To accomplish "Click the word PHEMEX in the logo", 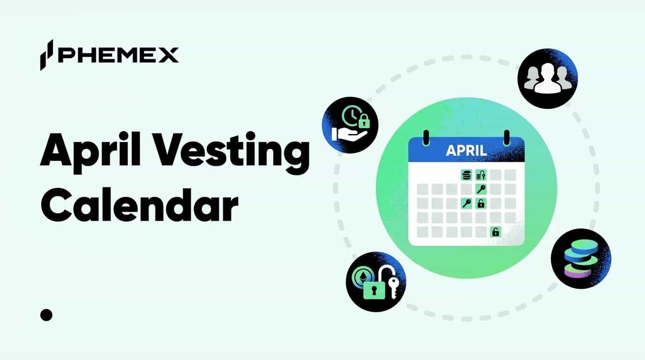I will point(118,55).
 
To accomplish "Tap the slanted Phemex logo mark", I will point(46,55).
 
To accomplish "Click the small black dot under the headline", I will point(46,315).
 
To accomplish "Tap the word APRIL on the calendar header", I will point(466,150).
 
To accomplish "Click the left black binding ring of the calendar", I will point(426,137).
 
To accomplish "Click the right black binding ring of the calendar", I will point(506,137).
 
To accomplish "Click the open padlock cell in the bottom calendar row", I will point(495,232).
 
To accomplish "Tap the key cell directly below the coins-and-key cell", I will point(481,189).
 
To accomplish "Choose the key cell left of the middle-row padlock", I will point(466,203).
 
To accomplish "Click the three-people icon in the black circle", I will point(547,79).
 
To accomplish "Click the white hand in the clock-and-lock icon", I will point(345,133).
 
